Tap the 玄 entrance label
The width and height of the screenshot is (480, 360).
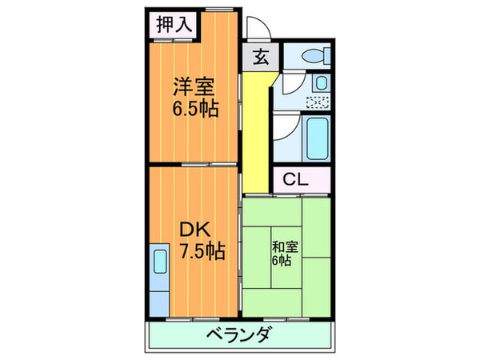(x=261, y=57)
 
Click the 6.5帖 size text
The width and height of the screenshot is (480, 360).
(x=192, y=107)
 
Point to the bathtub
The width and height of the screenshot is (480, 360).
(x=317, y=138)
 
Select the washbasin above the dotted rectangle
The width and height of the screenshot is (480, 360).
(x=319, y=83)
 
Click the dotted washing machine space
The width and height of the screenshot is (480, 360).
(x=318, y=102)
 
